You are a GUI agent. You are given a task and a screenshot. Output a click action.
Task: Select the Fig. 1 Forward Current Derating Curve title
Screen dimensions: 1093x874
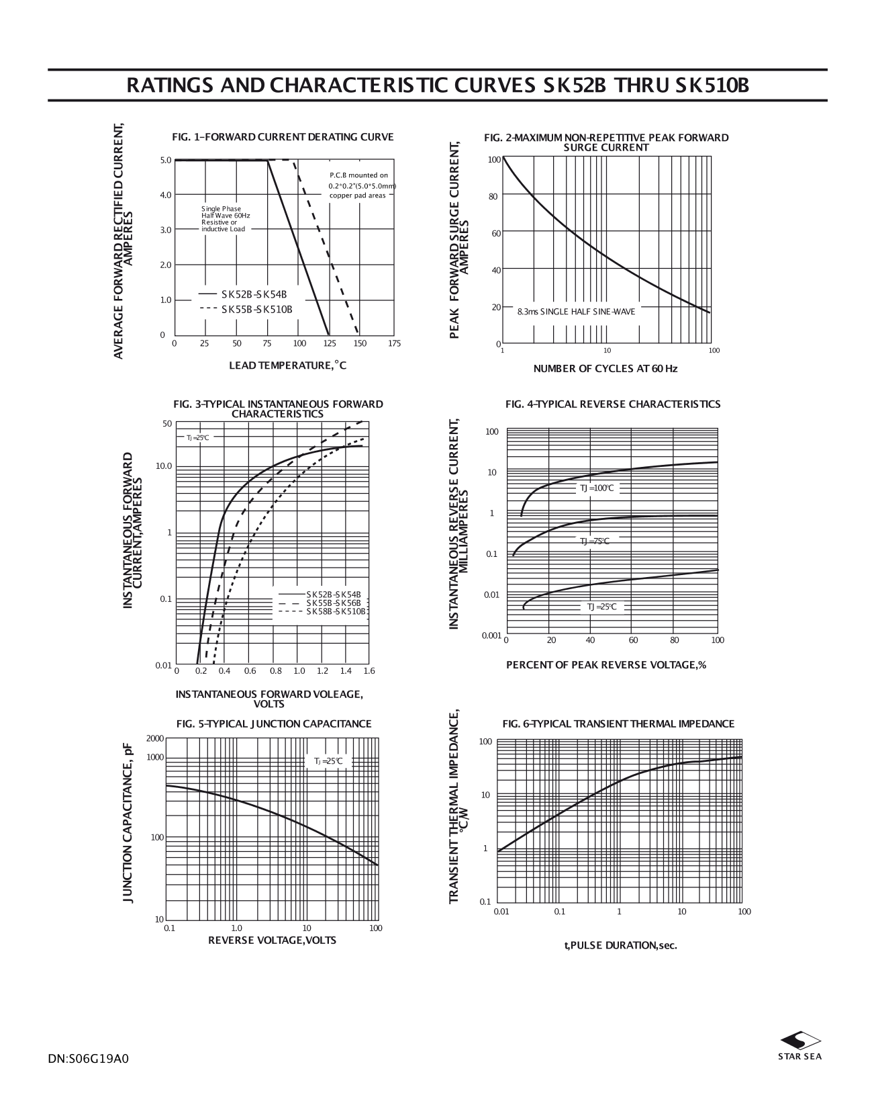[x=283, y=137]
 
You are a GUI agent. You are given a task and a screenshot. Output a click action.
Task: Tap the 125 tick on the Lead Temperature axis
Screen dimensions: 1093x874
[x=330, y=343]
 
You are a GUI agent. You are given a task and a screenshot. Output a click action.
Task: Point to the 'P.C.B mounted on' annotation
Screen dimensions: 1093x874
[x=358, y=175]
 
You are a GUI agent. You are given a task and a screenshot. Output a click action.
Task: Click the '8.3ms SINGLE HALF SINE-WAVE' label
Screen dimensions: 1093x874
[x=576, y=312]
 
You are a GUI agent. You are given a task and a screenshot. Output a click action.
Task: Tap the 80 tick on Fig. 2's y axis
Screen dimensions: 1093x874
[x=493, y=196]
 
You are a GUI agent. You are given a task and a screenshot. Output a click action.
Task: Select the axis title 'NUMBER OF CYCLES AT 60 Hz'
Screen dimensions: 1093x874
[x=605, y=369]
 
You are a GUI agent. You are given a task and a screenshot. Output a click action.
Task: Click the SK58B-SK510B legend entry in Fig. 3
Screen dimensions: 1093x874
[x=336, y=611]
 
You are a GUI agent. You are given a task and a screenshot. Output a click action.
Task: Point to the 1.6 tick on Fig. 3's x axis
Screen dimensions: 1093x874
[x=369, y=670]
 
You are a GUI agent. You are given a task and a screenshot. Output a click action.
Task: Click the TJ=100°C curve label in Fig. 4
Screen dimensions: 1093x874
[x=597, y=488]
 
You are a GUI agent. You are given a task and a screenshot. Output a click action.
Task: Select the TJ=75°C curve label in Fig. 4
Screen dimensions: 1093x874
[x=595, y=541]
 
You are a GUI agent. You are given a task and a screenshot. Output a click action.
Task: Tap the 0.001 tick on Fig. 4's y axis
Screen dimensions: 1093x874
[x=491, y=635]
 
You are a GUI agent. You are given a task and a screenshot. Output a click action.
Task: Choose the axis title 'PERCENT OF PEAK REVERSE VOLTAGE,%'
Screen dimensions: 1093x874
[x=605, y=664]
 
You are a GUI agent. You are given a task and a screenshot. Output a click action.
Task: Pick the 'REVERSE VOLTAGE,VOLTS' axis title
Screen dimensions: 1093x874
[x=272, y=940]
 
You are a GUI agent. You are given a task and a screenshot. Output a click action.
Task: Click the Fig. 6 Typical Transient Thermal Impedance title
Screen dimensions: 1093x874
[x=618, y=724]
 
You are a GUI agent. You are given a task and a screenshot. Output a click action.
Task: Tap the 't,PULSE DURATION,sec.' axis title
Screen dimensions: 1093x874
[x=620, y=945]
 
